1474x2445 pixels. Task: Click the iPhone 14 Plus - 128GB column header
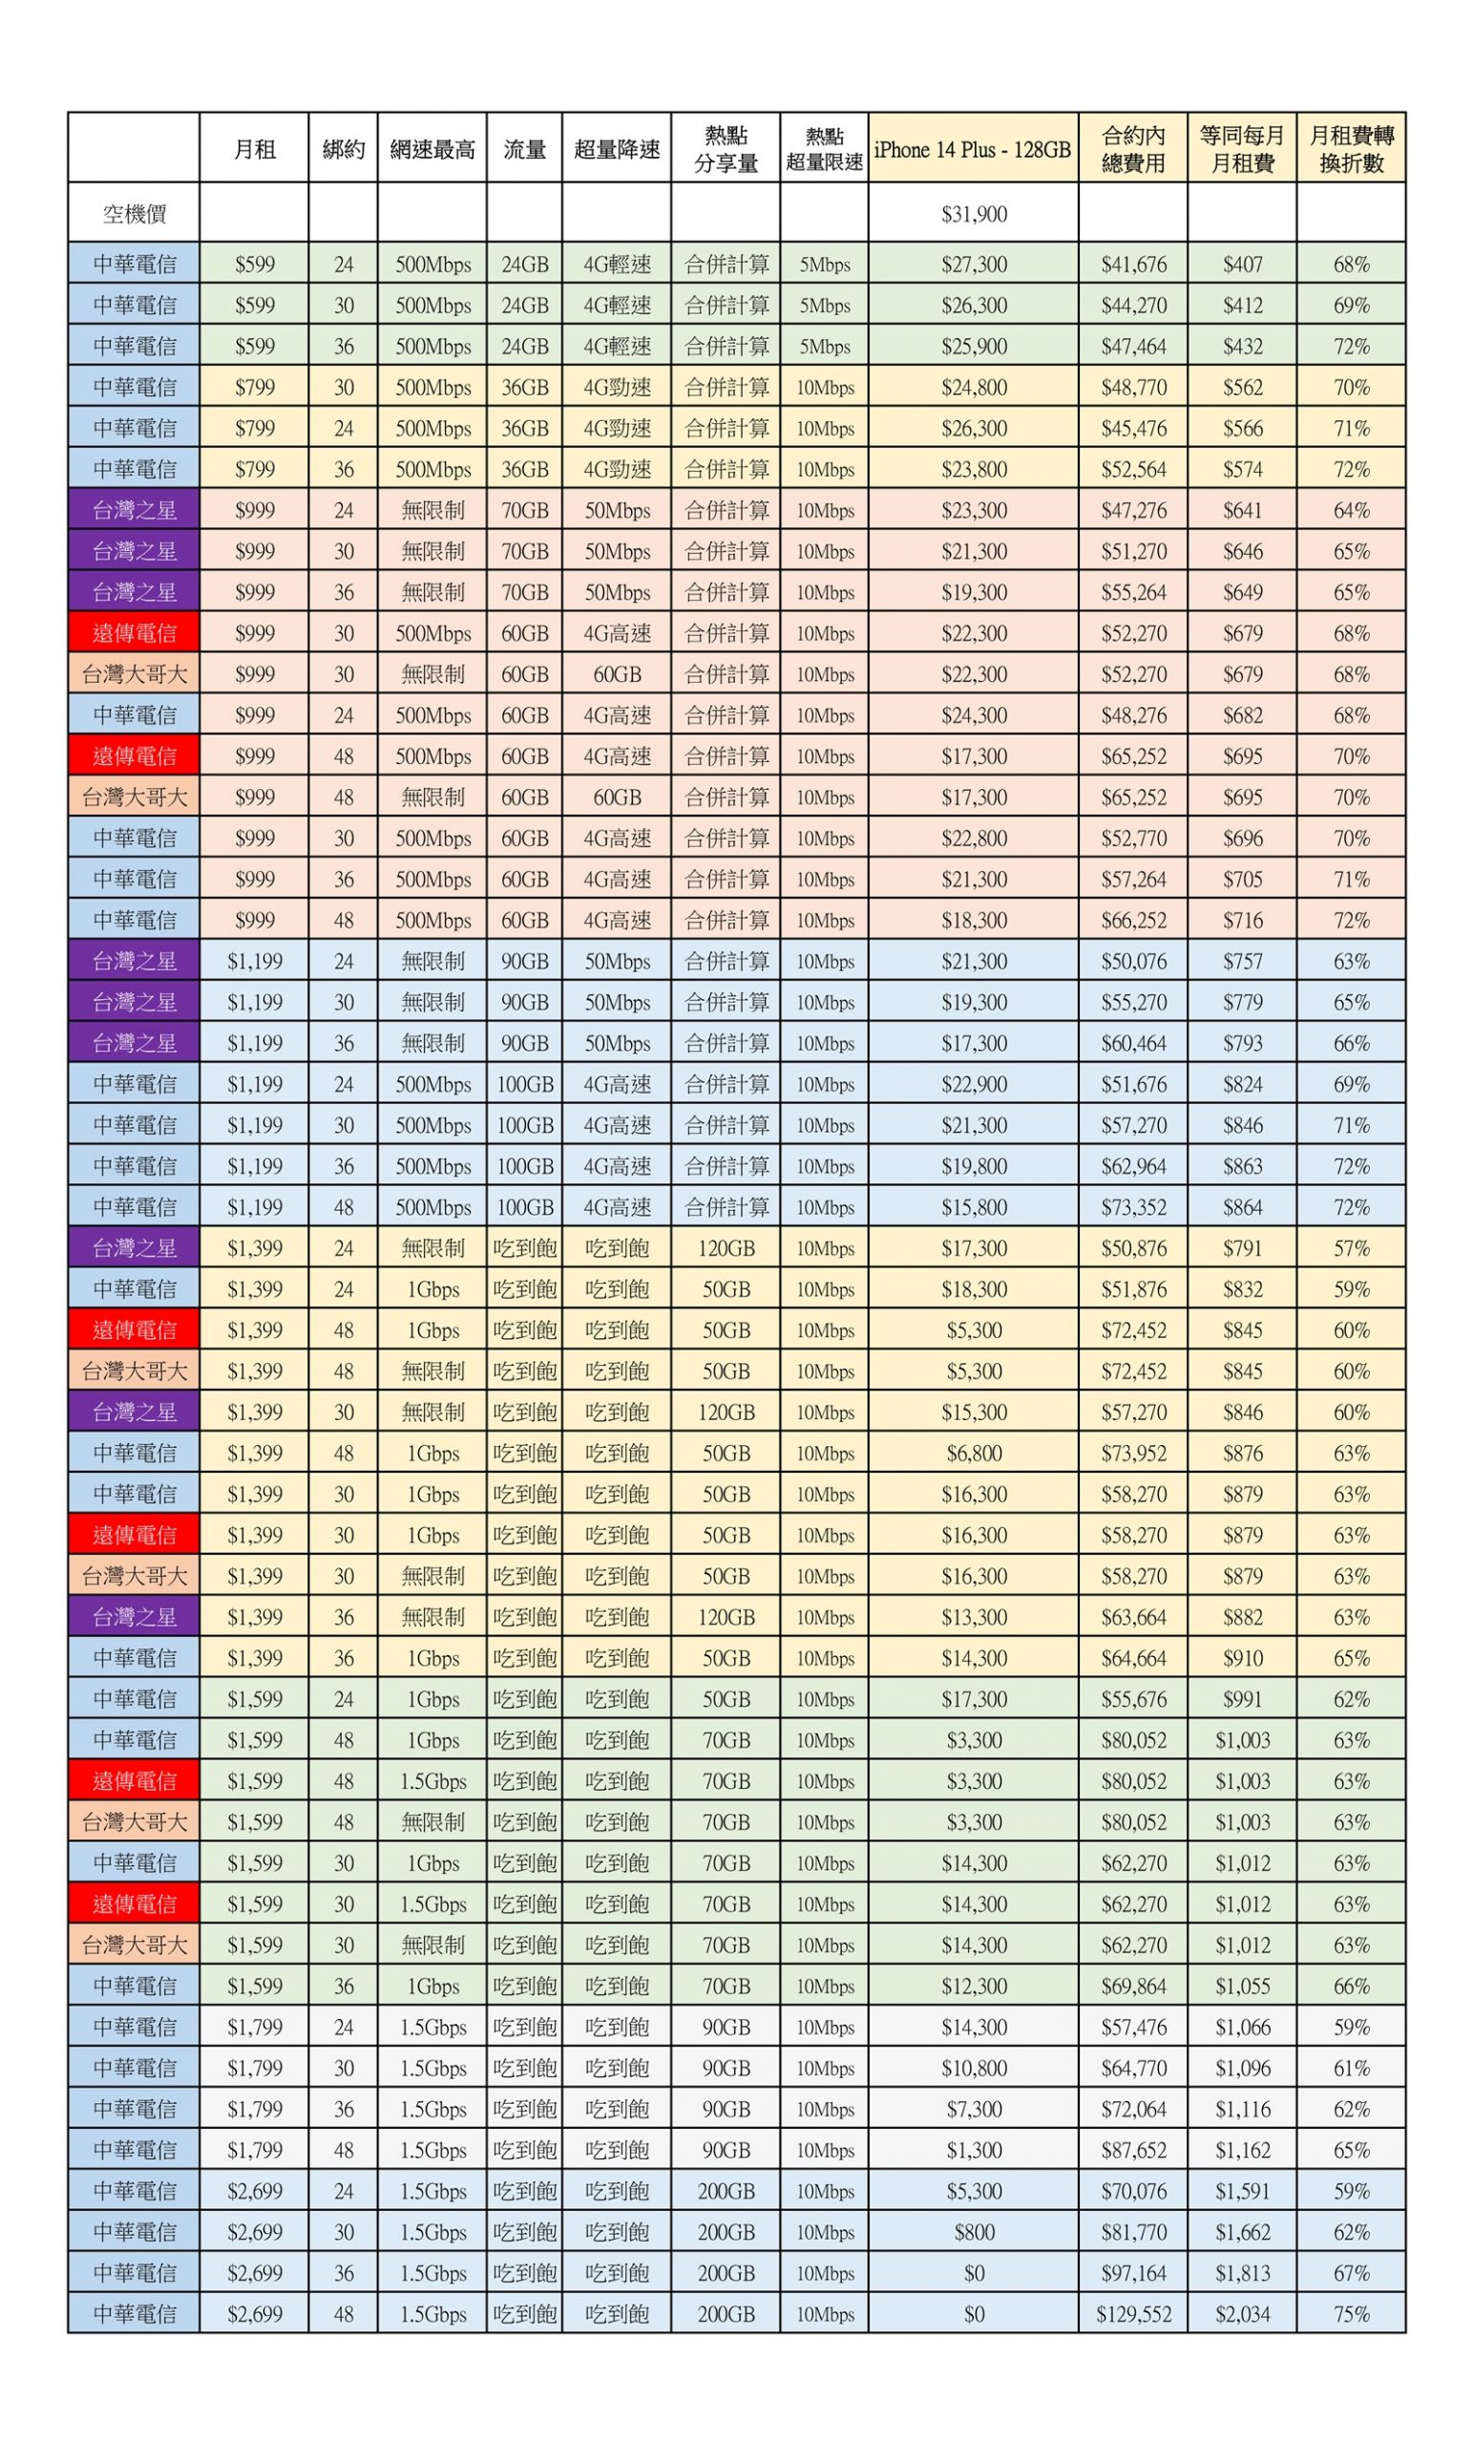click(x=972, y=150)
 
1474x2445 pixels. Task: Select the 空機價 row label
click(x=134, y=213)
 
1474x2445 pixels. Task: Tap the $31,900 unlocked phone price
click(x=973, y=213)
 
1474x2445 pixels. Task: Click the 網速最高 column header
click(x=432, y=150)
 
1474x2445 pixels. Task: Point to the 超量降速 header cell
click(x=616, y=150)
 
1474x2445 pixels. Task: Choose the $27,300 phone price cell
click(x=973, y=265)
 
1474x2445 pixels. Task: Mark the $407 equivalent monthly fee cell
click(x=1242, y=265)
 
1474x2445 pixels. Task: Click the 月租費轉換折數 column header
click(x=1350, y=150)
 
